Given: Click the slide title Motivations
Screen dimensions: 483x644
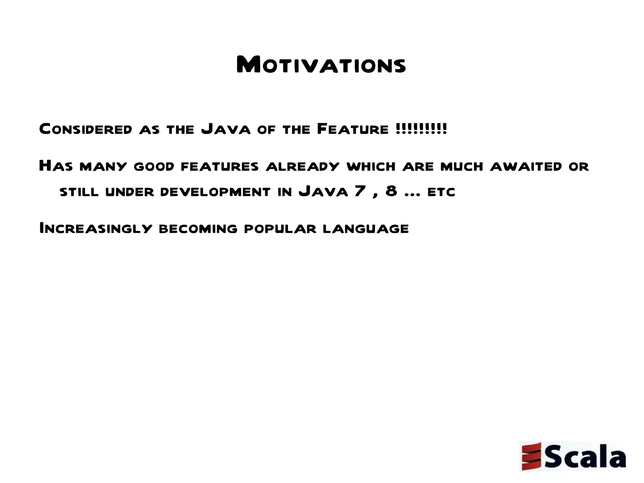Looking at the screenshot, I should coord(321,65).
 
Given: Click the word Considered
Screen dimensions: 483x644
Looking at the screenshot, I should coord(86,129).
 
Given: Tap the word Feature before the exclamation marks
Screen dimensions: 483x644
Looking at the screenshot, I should coord(353,129).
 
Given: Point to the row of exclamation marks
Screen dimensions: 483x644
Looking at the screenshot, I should coord(421,129).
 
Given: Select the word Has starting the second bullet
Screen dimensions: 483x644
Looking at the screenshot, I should coord(56,166).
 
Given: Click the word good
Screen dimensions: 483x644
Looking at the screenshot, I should coord(154,166).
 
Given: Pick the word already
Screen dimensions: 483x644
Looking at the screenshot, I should coord(303,166).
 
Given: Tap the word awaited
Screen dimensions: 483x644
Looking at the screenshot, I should coord(526,166).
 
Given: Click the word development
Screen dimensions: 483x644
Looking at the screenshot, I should coord(215,192).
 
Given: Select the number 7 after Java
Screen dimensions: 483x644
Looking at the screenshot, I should coord(360,191).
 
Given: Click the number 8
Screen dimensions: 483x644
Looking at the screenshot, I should coord(391,191).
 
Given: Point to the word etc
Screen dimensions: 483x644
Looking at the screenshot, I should coord(441,192).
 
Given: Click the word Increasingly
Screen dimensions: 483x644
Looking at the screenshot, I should coord(96,228).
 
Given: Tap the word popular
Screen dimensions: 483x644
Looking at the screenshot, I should coord(280,229).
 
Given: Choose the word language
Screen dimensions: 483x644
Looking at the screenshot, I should coord(366,229).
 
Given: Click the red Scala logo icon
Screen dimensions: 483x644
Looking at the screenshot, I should coord(531,456).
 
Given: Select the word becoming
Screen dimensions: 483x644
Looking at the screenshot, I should coord(198,229).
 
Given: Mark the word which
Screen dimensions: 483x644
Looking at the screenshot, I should coord(371,166).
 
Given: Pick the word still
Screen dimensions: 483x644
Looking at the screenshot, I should coord(79,192).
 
